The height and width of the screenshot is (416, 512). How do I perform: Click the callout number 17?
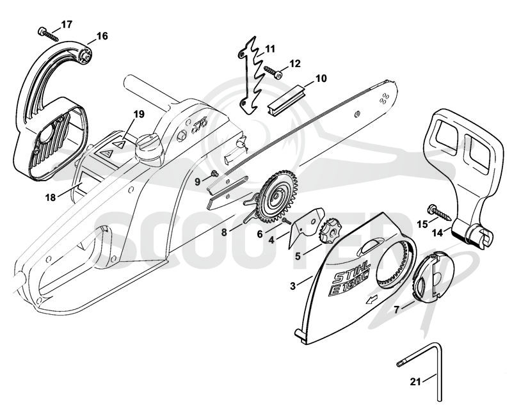tap(67, 24)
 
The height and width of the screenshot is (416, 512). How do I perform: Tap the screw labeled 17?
tap(48, 35)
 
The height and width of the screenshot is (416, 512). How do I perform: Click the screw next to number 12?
tap(273, 72)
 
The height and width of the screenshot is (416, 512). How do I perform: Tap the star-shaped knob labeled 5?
tap(329, 231)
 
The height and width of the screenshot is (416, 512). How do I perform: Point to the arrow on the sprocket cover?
tap(371, 299)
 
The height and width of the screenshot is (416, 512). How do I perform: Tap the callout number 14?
tap(438, 233)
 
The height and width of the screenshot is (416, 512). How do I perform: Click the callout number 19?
tap(139, 115)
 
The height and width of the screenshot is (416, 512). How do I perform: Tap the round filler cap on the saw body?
tap(148, 149)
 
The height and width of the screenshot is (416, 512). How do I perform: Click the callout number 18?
tap(51, 198)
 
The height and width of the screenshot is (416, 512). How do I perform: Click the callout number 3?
tap(292, 286)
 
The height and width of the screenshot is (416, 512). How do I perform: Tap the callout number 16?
tap(102, 36)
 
